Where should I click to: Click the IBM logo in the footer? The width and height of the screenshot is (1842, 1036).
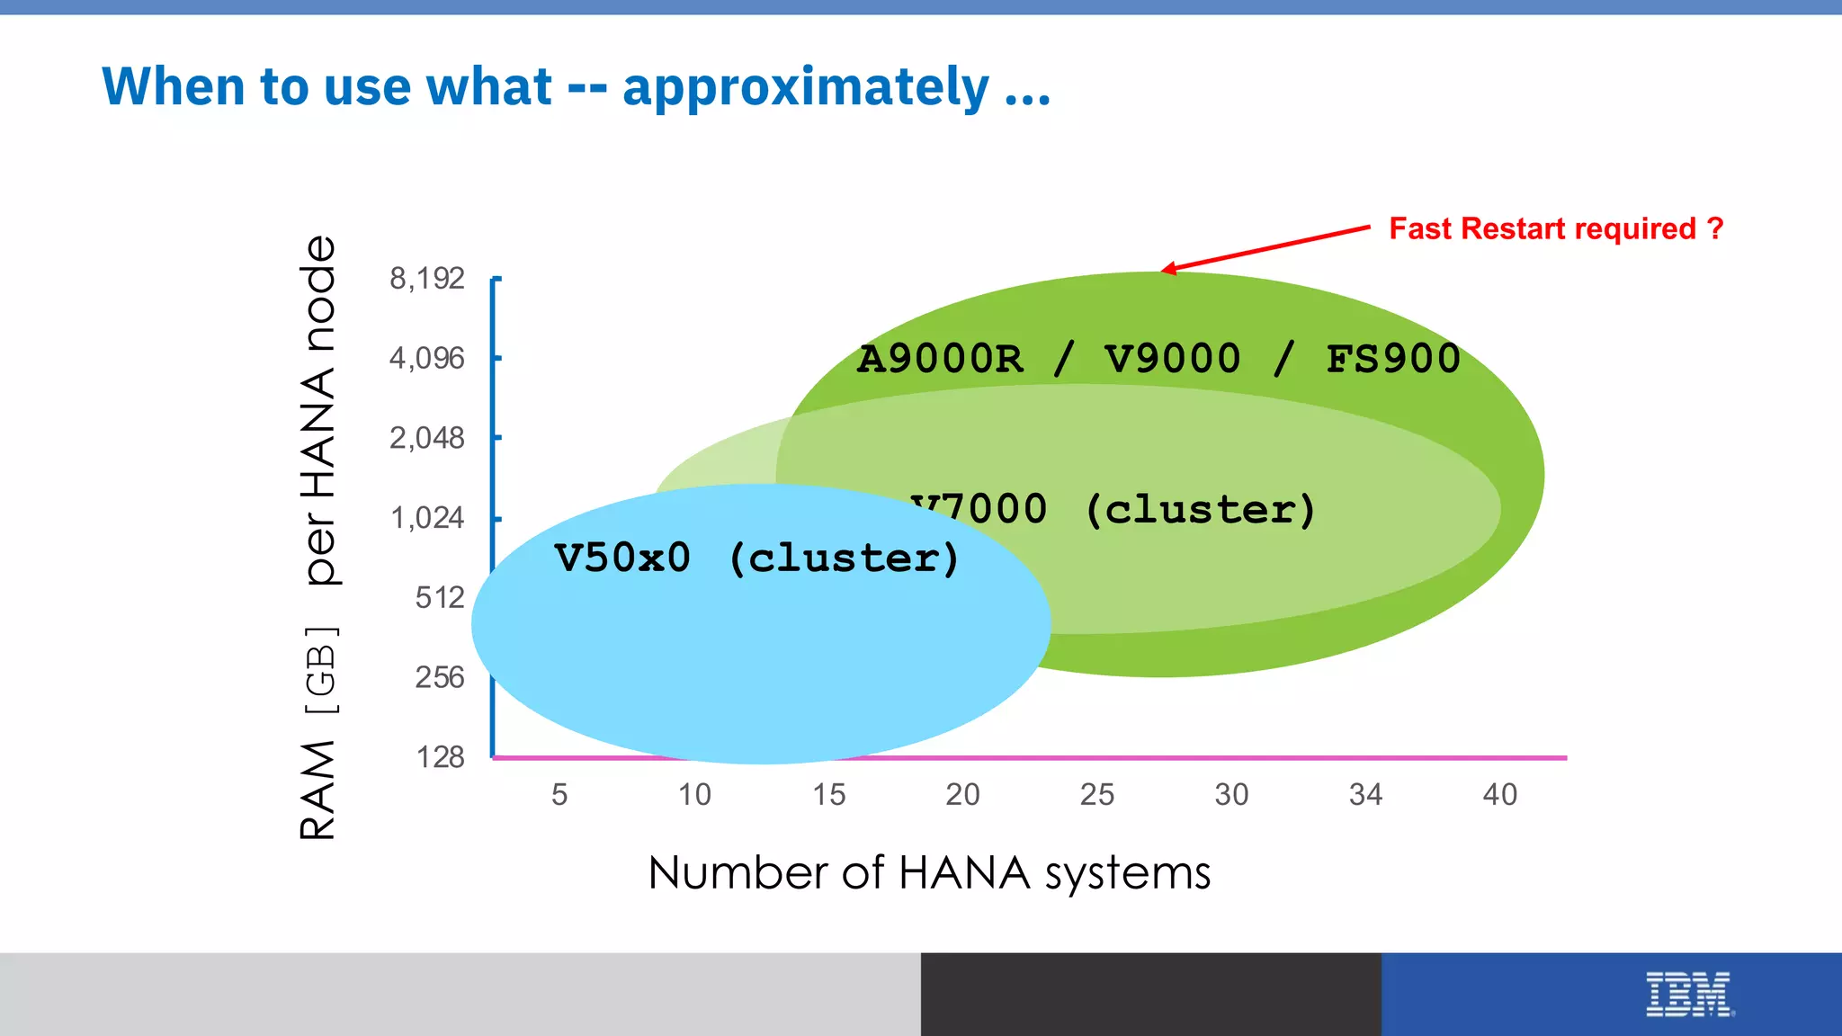tap(1688, 995)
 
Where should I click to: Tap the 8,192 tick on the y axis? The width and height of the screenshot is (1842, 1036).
tap(427, 279)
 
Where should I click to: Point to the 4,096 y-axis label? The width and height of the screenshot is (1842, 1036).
tap(427, 359)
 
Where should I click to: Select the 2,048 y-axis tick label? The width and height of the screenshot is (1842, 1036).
tap(427, 439)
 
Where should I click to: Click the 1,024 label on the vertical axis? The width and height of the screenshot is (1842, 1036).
tap(427, 519)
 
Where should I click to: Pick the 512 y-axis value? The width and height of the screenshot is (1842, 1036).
tap(440, 598)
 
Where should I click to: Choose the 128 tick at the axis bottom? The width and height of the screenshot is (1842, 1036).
tap(440, 757)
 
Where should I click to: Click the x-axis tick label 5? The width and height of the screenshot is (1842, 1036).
tap(559, 795)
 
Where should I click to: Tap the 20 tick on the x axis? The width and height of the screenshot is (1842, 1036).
tap(962, 795)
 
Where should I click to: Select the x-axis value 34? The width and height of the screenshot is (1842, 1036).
tap(1365, 795)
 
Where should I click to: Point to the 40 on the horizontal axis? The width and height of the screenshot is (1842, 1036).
tap(1499, 795)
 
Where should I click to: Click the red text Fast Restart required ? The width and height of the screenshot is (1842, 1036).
tap(1556, 229)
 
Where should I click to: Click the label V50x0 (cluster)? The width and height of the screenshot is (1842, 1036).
tap(756, 558)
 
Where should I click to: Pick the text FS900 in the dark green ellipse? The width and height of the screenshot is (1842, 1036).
tap(1392, 359)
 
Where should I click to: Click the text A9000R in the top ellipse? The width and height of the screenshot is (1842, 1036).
tap(940, 359)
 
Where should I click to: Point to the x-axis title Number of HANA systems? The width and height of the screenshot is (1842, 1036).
tap(929, 873)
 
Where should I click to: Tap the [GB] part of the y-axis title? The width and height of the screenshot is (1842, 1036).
tap(321, 671)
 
